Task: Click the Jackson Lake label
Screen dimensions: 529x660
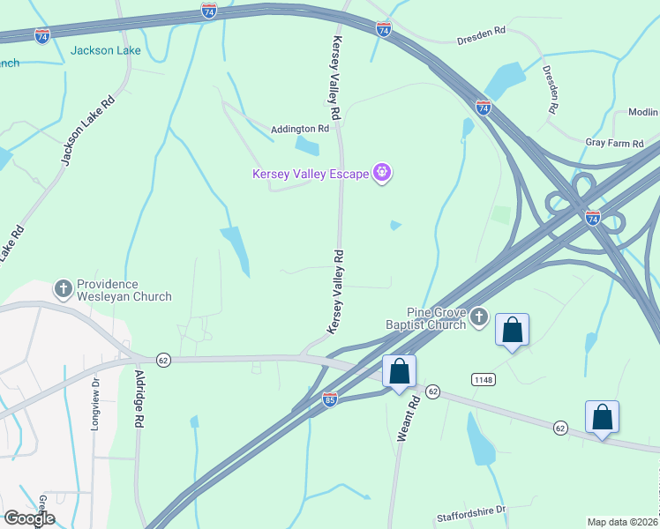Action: tap(105, 50)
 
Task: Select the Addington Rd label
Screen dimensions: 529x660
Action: tap(299, 128)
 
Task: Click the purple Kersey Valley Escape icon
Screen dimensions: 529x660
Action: tap(382, 173)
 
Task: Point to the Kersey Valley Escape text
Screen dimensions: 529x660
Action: tap(310, 174)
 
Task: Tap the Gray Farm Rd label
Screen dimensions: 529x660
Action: tap(622, 142)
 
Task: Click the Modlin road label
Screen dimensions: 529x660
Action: tap(643, 112)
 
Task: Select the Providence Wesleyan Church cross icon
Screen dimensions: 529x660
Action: tap(64, 288)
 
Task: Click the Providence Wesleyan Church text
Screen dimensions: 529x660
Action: tap(124, 290)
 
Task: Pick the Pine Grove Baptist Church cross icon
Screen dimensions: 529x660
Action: tap(479, 317)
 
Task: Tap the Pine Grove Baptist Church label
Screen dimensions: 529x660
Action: tap(436, 318)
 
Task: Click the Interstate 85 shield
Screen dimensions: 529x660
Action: tap(329, 399)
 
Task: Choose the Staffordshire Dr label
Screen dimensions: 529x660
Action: tap(471, 511)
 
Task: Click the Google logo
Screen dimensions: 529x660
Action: tap(29, 518)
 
